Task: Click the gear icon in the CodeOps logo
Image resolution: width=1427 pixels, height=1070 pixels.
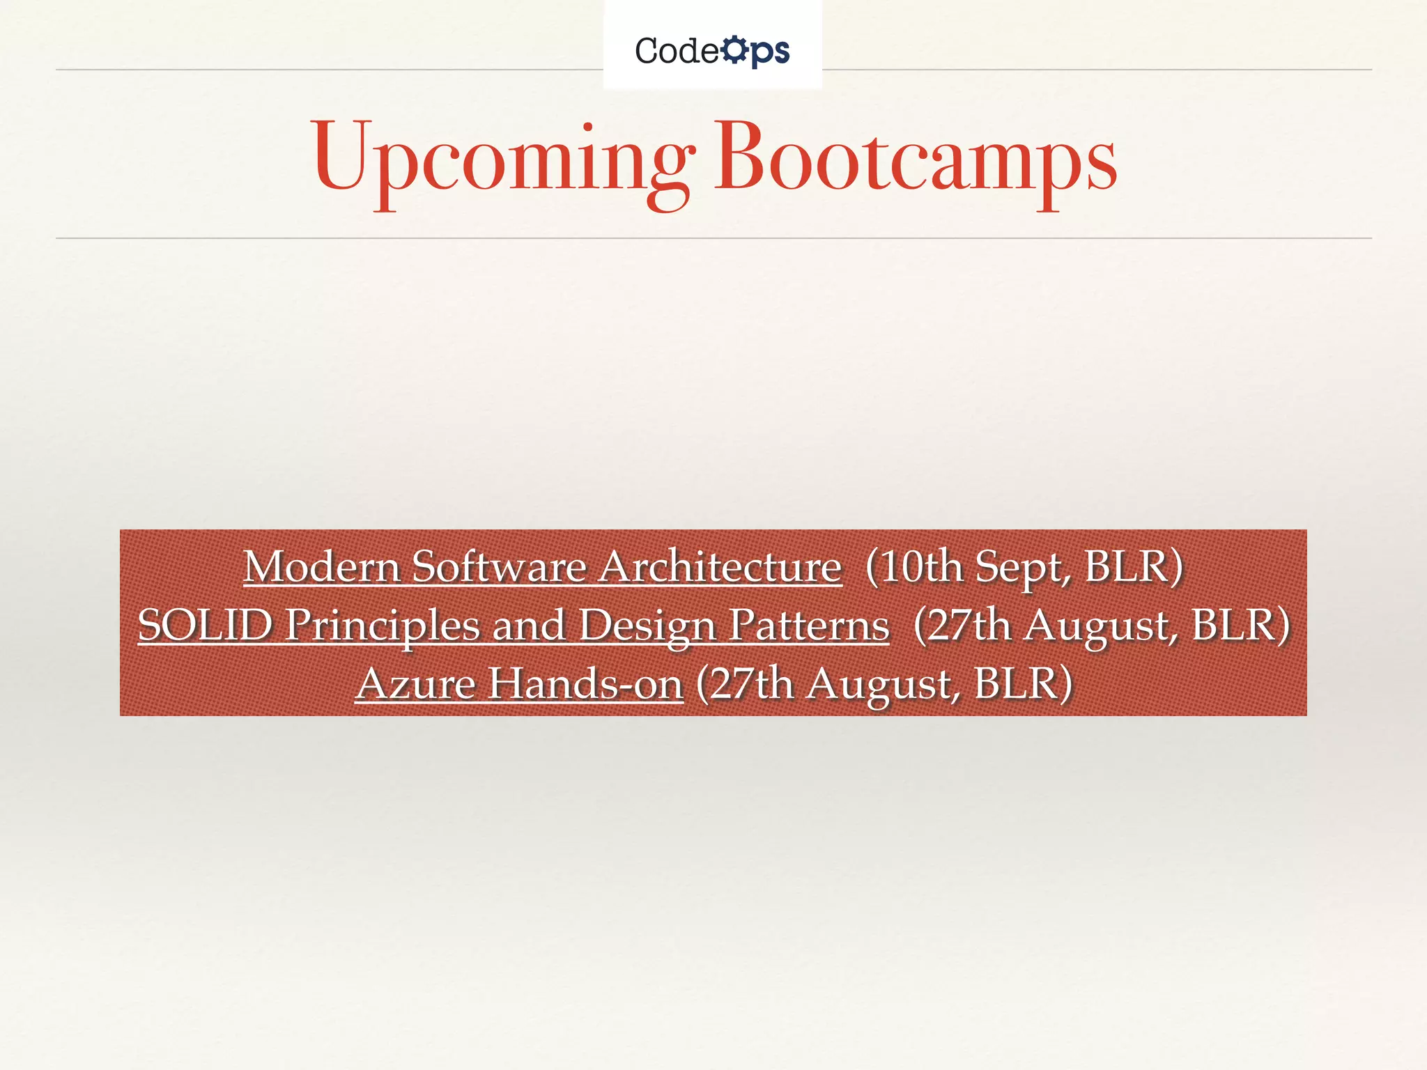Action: coord(733,50)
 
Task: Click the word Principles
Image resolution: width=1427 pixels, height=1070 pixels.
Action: coord(383,626)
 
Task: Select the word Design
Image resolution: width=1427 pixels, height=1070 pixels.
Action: coord(648,626)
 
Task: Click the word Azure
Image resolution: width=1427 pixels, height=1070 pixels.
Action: coord(415,683)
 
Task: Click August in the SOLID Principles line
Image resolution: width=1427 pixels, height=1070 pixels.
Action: coord(1102,626)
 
